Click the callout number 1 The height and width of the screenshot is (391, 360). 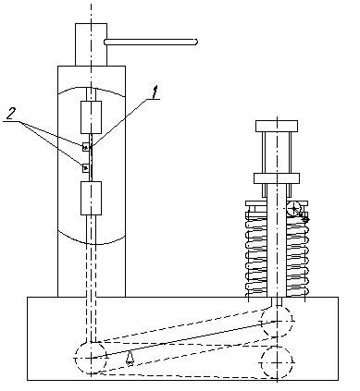pos(156,92)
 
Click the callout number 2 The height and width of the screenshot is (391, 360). pos(11,114)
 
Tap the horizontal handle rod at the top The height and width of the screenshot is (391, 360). pos(151,42)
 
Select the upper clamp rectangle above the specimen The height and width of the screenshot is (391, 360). pos(91,117)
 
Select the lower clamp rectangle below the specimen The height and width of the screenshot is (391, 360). pos(91,198)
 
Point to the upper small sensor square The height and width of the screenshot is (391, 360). pos(85,147)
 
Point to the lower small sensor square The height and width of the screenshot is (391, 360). pos(85,168)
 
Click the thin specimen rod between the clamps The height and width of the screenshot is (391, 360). pos(91,157)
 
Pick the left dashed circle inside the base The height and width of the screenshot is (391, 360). pos(91,358)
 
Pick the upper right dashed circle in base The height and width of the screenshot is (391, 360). pos(277,322)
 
